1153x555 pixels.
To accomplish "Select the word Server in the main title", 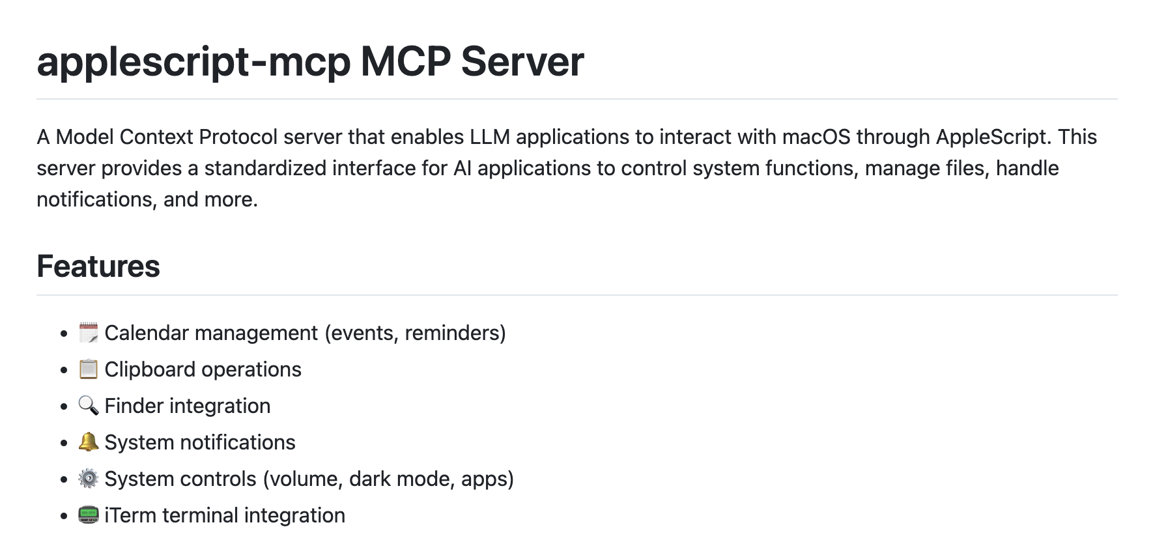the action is (522, 62).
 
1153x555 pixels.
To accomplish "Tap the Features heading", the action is (98, 266).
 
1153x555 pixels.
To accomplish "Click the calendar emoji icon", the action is (88, 333).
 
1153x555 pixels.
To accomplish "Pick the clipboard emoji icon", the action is (88, 369).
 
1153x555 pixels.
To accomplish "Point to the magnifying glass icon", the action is (88, 406).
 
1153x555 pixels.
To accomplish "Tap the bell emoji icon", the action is (88, 442).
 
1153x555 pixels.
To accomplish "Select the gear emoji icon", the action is (88, 479).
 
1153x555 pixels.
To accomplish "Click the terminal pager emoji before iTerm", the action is (88, 515).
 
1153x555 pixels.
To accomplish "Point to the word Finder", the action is (133, 406).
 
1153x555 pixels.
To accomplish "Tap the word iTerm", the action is (130, 515).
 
